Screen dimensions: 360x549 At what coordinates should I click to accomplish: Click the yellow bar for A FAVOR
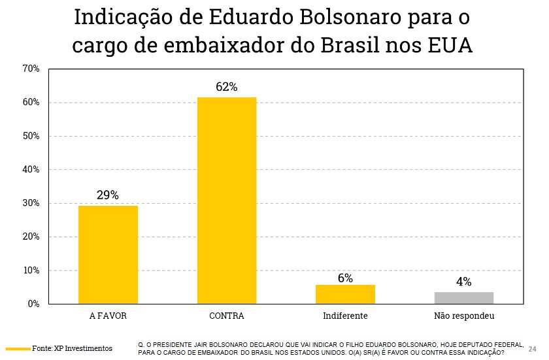pos(108,254)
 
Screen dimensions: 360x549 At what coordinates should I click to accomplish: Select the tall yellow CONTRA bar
pos(227,200)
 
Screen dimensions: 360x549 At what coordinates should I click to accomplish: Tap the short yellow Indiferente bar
pos(345,294)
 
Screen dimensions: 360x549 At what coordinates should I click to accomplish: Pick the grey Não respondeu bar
pos(464,298)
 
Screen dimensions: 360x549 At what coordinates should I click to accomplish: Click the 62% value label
pos(227,87)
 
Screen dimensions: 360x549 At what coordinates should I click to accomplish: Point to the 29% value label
pos(108,195)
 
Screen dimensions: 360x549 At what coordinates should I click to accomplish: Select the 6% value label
pos(345,278)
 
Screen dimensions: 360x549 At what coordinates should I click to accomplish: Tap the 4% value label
pos(464,282)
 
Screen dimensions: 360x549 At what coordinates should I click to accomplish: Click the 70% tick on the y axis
pos(31,69)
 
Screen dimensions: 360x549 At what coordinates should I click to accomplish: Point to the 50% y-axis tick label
pos(31,136)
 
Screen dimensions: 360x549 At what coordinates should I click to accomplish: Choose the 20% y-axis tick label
pos(31,237)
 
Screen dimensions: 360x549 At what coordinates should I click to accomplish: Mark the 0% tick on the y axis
pos(33,304)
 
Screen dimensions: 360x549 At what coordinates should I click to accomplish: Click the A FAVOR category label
pos(108,316)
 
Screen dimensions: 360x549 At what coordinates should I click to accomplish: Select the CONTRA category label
pos(227,316)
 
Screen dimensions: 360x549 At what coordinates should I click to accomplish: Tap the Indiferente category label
pos(345,316)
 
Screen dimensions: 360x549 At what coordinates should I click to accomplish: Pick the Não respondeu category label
pos(464,316)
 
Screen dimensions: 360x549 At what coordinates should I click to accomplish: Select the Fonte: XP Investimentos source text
pos(73,348)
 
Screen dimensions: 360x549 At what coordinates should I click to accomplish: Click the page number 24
pos(532,348)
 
